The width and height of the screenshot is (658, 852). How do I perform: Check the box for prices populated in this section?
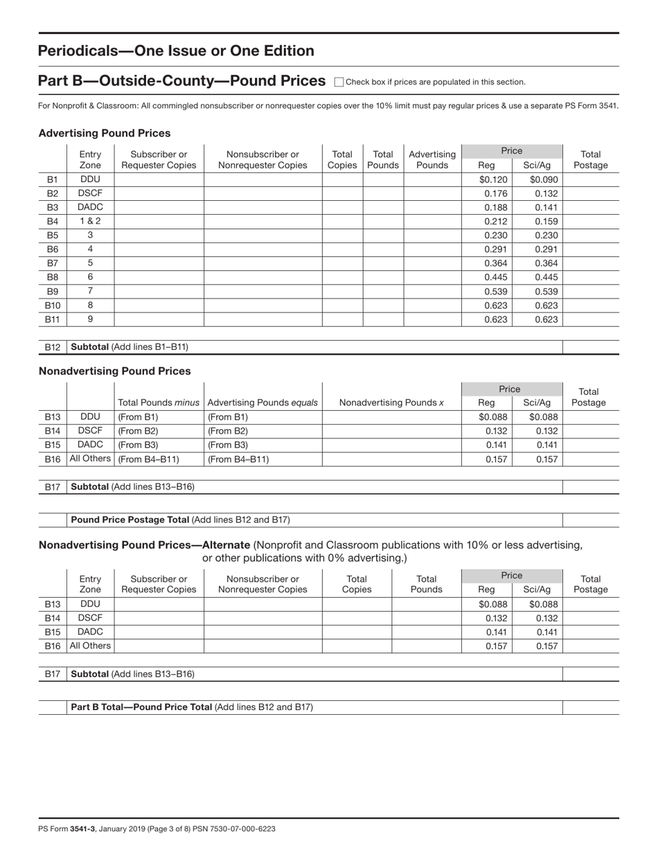(x=339, y=82)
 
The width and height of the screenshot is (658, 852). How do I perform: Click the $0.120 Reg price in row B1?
(x=493, y=179)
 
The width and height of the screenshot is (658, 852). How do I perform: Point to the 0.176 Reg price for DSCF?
(x=495, y=193)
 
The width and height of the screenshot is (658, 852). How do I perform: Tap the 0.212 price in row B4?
(x=495, y=222)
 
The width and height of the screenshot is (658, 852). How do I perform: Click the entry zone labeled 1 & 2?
(x=90, y=221)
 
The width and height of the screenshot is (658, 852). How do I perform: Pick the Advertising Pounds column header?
(x=432, y=160)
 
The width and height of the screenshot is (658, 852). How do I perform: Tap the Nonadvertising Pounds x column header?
(x=392, y=402)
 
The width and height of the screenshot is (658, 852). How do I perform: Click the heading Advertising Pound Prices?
(x=105, y=133)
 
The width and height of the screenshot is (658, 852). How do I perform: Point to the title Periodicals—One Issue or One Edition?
(x=176, y=51)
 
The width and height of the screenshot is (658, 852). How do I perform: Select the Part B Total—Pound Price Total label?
(x=192, y=707)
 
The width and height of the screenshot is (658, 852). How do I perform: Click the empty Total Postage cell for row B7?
(x=590, y=263)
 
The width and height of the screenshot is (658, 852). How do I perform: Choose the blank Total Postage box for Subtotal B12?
(x=590, y=347)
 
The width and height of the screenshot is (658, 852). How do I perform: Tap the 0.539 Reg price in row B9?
(x=495, y=292)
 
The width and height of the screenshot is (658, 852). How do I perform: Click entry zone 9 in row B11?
(x=90, y=319)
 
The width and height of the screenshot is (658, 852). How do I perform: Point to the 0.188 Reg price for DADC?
(x=495, y=207)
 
